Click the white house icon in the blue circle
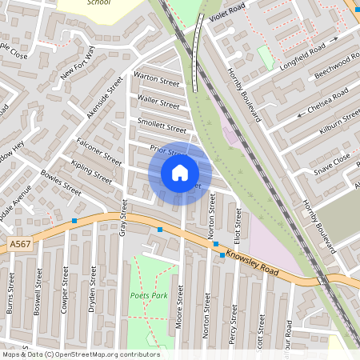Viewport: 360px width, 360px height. [180, 172]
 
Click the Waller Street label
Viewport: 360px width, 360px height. [159, 102]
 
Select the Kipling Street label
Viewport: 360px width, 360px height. [91, 170]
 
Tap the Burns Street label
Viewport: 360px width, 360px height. [11, 293]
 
